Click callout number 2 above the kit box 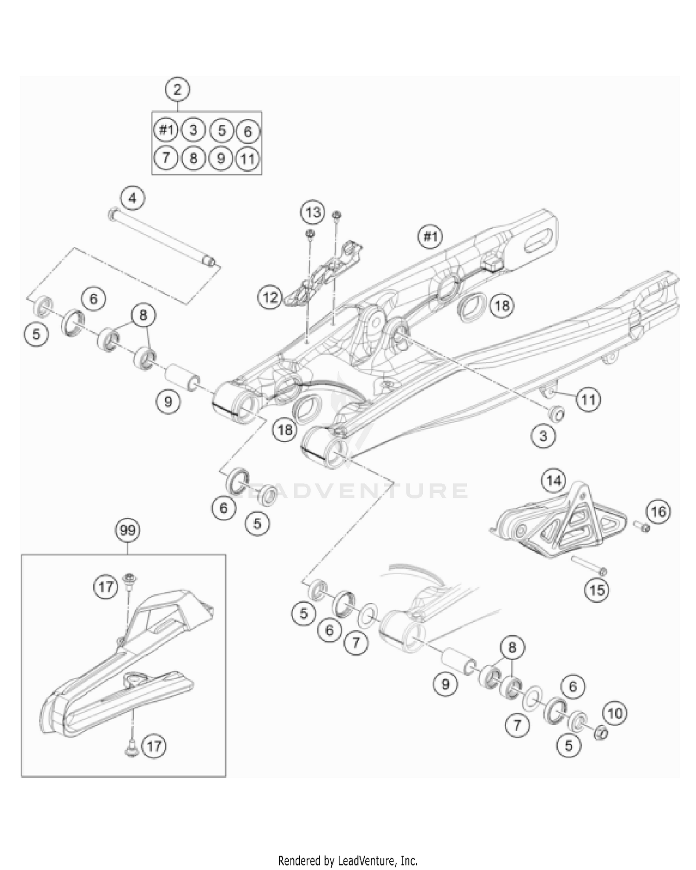pos(178,89)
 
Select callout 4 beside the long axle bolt pos(133,199)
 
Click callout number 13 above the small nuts pos(313,213)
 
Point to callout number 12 pos(271,297)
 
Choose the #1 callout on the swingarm pos(430,237)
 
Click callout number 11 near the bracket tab pos(588,399)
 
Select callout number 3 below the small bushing pos(543,436)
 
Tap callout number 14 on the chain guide pos(554,480)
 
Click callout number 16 pos(658,512)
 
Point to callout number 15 pos(597,590)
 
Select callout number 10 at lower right pos(615,713)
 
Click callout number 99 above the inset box pos(128,530)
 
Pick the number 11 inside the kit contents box pos(248,159)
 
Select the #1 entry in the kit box pos(166,130)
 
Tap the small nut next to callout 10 pos(601,734)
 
